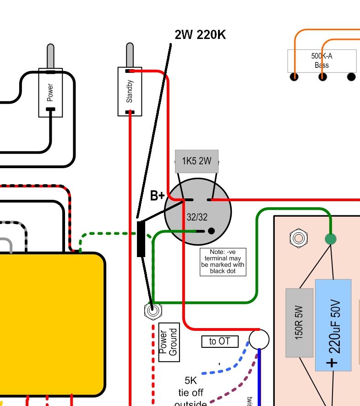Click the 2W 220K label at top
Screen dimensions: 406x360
coord(200,35)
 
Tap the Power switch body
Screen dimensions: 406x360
coord(50,93)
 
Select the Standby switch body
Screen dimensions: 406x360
coord(130,92)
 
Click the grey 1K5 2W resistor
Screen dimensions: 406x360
coord(196,161)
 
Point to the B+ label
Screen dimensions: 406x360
coord(157,196)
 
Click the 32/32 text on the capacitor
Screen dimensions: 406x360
coord(197,217)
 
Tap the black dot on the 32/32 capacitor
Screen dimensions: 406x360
coord(211,231)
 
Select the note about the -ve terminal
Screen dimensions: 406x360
coord(223,262)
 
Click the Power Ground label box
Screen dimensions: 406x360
coord(169,342)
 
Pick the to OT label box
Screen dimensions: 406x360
coord(220,341)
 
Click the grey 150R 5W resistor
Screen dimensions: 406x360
coord(299,323)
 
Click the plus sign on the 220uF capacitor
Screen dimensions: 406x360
coord(333,362)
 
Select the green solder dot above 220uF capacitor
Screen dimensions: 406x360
coord(330,239)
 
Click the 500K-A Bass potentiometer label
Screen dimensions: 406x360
coord(322,60)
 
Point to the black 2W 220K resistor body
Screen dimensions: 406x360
coord(141,239)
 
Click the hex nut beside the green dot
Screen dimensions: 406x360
coord(298,238)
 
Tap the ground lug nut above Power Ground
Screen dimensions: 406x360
coord(153,311)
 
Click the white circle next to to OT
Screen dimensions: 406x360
coord(259,340)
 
